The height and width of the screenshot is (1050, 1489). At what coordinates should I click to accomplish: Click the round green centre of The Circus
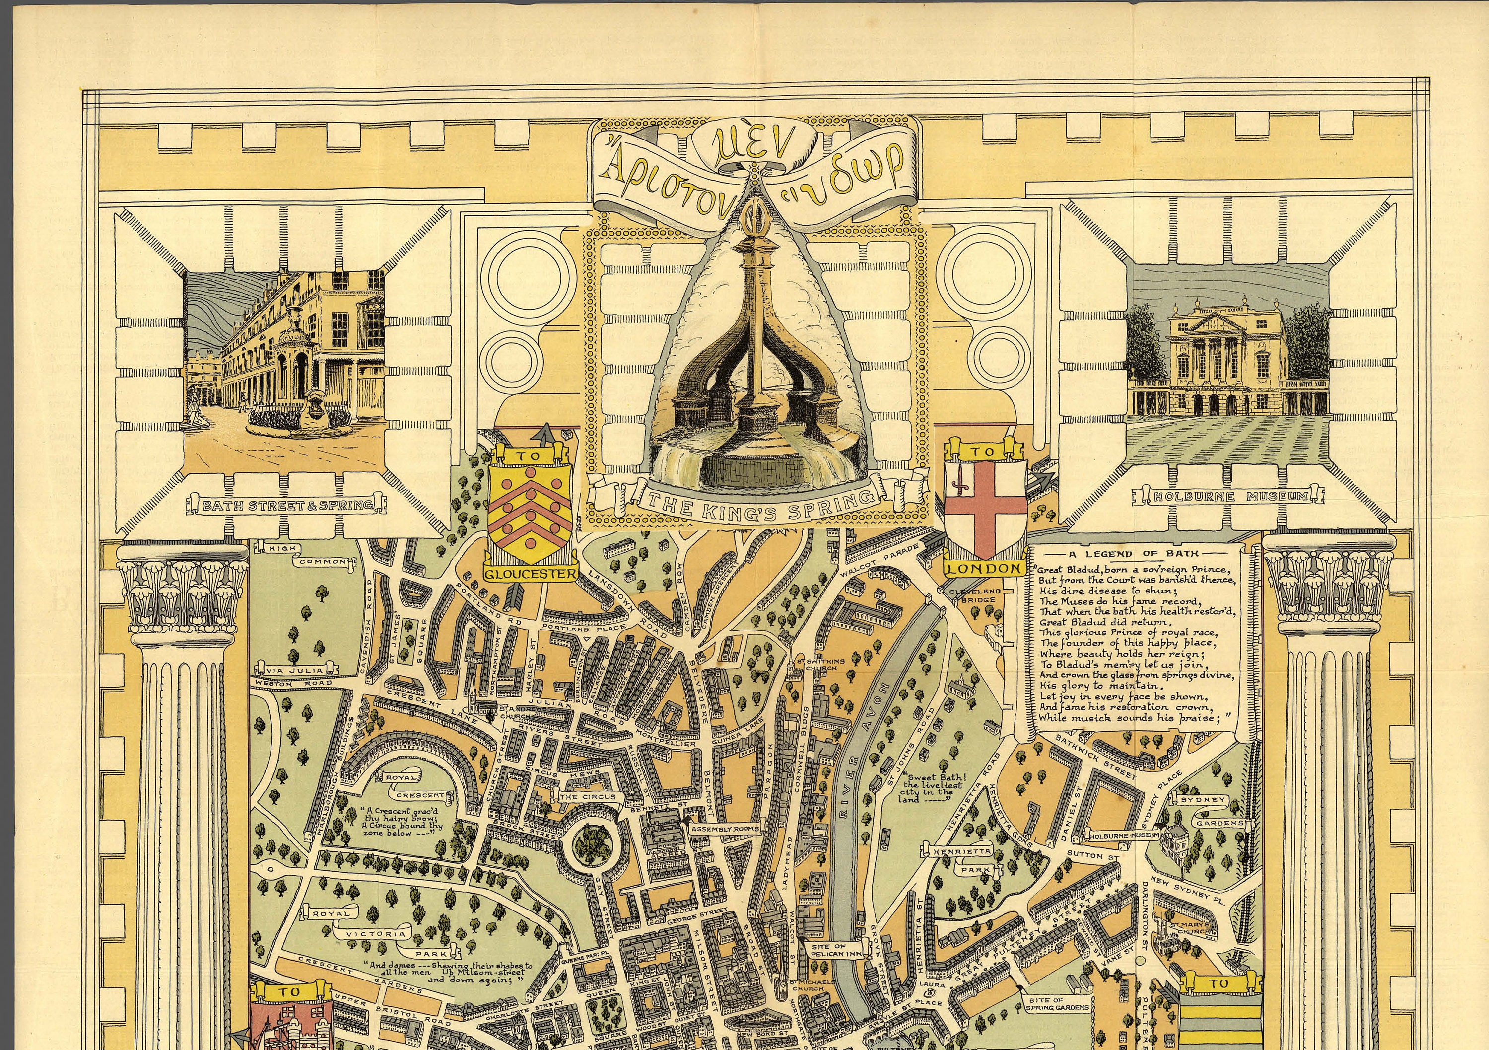point(592,842)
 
